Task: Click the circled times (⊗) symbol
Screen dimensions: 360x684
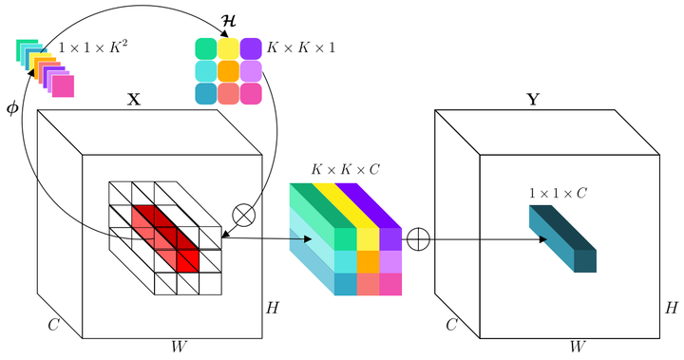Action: click(244, 216)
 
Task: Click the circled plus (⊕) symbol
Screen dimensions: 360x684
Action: click(418, 239)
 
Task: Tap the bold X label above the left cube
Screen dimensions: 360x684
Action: click(134, 99)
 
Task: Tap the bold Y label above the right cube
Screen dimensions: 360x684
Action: click(533, 99)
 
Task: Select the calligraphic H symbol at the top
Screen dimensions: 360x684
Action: click(228, 19)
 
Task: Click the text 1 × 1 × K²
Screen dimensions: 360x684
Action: click(92, 46)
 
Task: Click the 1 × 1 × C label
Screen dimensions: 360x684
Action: click(558, 193)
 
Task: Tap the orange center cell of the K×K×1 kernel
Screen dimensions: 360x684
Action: click(228, 70)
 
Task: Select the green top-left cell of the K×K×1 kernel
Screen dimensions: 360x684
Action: click(205, 47)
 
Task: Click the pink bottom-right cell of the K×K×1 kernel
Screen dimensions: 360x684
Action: click(251, 93)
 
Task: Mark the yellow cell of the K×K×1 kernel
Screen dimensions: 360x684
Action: click(228, 47)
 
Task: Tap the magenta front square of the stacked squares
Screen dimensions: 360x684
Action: click(63, 86)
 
